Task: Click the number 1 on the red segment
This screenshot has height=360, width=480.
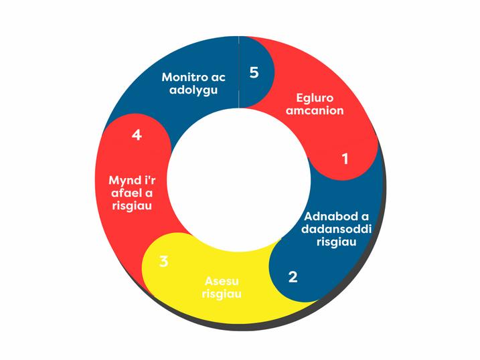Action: (x=345, y=159)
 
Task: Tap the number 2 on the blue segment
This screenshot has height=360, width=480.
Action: (x=293, y=276)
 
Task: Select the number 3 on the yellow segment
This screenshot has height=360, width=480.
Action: (x=164, y=261)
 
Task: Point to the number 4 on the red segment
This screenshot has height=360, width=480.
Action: (x=137, y=134)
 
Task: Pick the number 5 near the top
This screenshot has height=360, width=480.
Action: (x=254, y=72)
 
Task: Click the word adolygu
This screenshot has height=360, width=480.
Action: (x=193, y=90)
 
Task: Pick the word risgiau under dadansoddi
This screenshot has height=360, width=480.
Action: (x=336, y=242)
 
